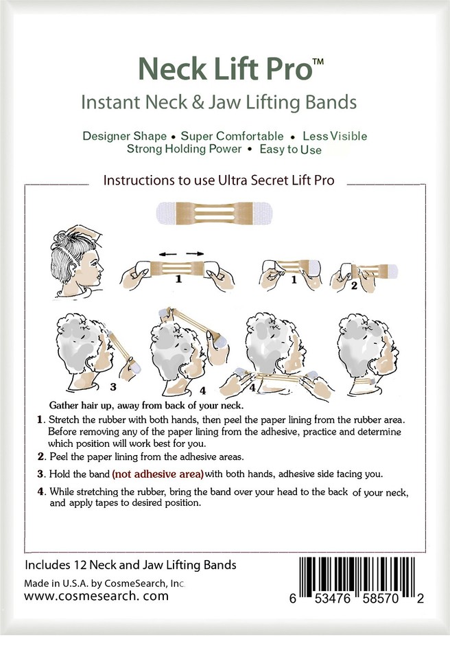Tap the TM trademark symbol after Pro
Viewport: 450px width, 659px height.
click(x=318, y=62)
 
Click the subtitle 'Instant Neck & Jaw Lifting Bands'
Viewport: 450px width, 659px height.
click(x=219, y=103)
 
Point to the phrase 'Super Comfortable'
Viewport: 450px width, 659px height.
click(x=232, y=135)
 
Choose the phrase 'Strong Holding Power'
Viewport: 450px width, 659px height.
click(x=184, y=148)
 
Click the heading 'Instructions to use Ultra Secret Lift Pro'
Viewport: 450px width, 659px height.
click(x=219, y=181)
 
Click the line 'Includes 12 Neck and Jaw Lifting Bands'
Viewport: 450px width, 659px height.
click(x=130, y=565)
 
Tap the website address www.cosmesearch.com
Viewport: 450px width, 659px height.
click(x=96, y=596)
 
